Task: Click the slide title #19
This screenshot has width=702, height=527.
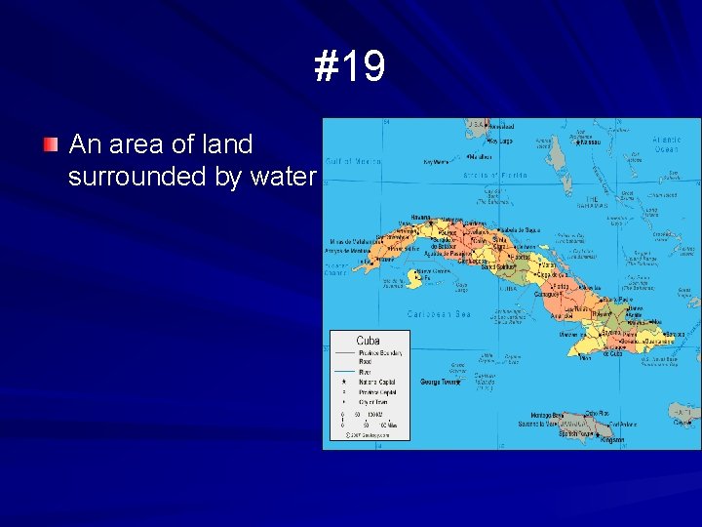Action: click(350, 66)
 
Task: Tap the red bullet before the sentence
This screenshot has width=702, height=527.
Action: click(50, 145)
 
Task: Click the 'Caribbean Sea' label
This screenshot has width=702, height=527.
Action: click(439, 314)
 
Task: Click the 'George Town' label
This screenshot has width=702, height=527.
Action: click(440, 382)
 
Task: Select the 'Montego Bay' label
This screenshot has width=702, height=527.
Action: click(548, 416)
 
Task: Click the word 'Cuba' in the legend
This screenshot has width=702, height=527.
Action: click(369, 340)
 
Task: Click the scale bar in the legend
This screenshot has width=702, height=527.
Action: click(369, 420)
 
